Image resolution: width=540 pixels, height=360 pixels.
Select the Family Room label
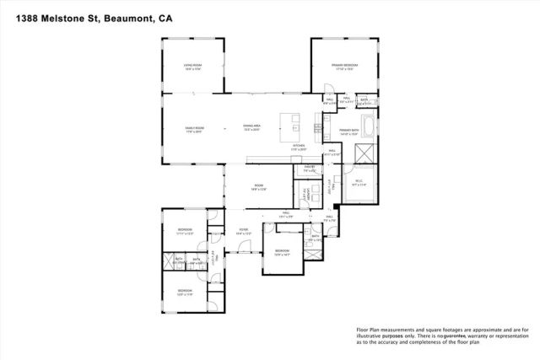coord(197,130)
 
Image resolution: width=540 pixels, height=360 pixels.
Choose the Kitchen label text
coord(299,148)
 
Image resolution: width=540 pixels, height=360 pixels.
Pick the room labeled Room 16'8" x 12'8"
coord(258,189)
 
